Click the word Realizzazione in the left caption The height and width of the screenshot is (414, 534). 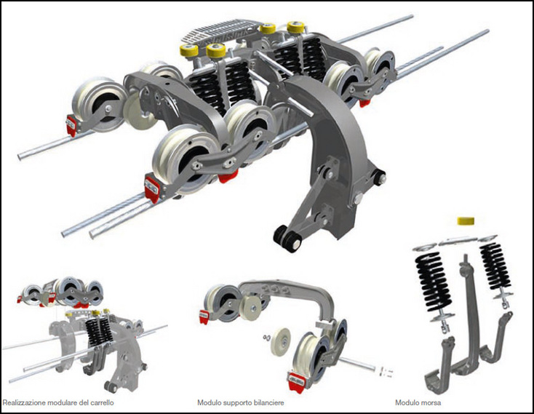click(x=24, y=403)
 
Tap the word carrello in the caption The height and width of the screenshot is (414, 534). click(x=102, y=403)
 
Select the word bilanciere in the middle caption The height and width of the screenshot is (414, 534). click(x=268, y=403)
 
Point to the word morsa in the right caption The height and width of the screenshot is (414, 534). click(x=431, y=403)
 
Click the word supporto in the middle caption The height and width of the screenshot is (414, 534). click(x=236, y=403)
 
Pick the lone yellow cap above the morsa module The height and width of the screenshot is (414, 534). click(x=466, y=220)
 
